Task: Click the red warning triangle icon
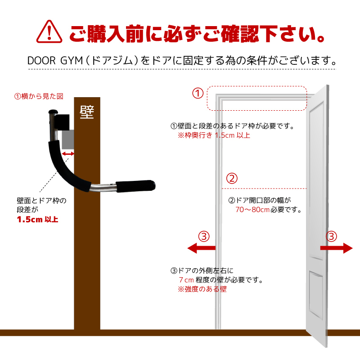coord(49,31)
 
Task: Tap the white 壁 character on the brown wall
coord(87,112)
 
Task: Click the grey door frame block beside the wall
coord(68,139)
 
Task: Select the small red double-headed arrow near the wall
coord(68,154)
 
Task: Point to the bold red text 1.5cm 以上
coord(38,220)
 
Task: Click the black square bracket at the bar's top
coord(62,122)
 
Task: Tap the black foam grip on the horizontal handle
coord(135,186)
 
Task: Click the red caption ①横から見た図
coord(39,96)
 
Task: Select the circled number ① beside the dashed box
coord(198,93)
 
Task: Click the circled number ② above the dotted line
coord(232,178)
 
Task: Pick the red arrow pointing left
coord(201,248)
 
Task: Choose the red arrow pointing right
coord(336,248)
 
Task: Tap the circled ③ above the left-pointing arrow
coord(204,237)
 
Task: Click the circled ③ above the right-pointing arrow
coord(332,237)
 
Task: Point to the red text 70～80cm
coord(252,210)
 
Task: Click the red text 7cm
coord(186,280)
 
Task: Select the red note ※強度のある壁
coord(202,289)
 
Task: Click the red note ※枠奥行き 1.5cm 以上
coord(214,135)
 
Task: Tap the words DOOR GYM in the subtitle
coord(55,61)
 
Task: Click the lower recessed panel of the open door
coord(316,296)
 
